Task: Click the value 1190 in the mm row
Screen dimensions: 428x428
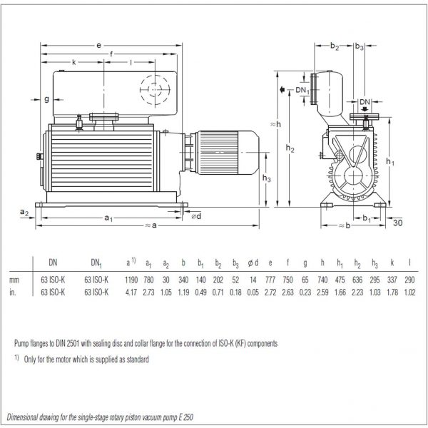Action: coord(130,279)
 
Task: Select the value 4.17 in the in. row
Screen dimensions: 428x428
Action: coord(130,291)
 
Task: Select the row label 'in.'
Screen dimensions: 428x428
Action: coord(14,291)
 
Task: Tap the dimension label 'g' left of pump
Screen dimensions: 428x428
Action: coord(46,98)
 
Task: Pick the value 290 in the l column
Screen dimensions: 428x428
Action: coord(411,279)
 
